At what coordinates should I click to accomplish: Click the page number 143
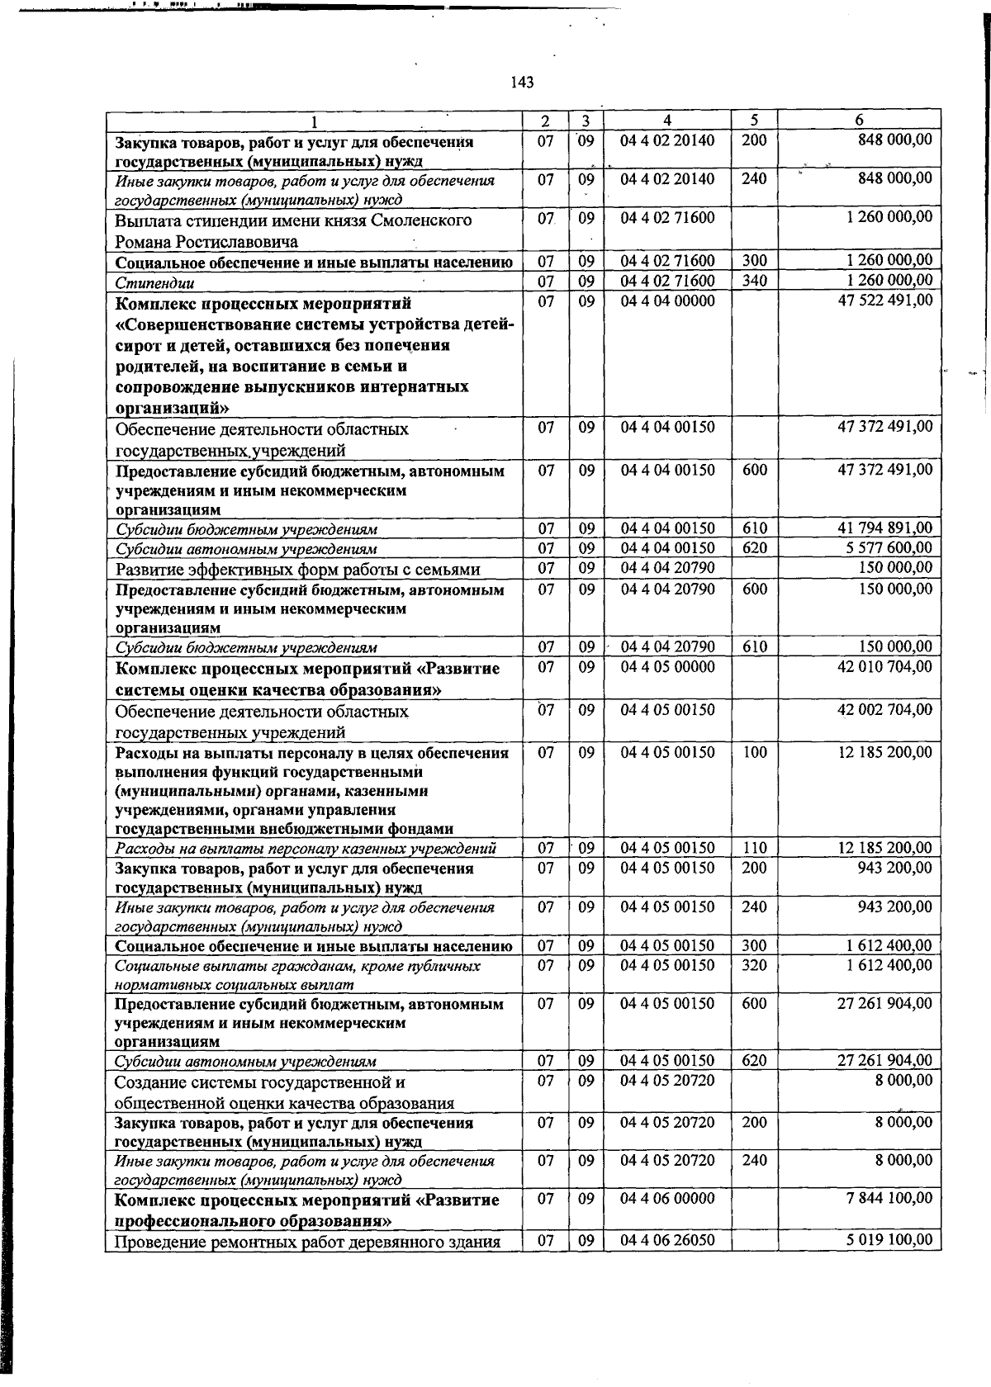tap(522, 83)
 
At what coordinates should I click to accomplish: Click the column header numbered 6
tap(859, 121)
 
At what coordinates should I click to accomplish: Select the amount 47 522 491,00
tap(884, 301)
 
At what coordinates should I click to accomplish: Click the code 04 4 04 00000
tap(667, 301)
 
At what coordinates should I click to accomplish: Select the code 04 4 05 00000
tap(667, 667)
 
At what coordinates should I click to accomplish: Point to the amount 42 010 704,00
tap(884, 667)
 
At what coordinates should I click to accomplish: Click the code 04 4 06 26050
tap(667, 1240)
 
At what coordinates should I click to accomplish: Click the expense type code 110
tap(754, 848)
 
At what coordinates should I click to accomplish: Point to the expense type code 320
tap(754, 965)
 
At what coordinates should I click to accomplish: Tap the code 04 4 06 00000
tap(667, 1199)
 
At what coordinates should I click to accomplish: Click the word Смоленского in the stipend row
tap(422, 220)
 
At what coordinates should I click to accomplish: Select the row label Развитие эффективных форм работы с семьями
tap(297, 570)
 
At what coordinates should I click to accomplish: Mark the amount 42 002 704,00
tap(884, 710)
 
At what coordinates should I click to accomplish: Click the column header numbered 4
tap(667, 121)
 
